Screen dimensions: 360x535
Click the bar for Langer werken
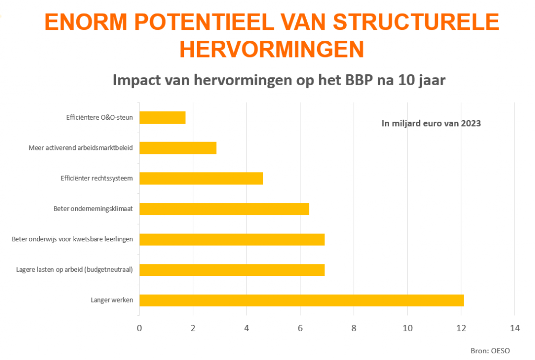point(301,300)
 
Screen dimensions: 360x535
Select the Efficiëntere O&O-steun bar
point(162,118)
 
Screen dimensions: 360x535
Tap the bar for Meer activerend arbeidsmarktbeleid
point(178,148)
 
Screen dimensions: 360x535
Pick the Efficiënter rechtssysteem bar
point(201,178)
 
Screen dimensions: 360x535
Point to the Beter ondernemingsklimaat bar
point(224,209)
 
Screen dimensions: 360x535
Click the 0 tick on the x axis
point(139,328)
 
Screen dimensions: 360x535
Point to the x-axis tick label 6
point(300,328)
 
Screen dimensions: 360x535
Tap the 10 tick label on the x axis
point(408,328)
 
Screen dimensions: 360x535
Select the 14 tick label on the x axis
point(515,328)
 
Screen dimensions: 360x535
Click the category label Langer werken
point(111,300)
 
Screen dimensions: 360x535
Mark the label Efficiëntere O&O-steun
point(99,118)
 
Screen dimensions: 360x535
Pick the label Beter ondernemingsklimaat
point(93,209)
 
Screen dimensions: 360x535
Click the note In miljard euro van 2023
point(431,124)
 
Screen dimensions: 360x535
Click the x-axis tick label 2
point(193,328)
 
